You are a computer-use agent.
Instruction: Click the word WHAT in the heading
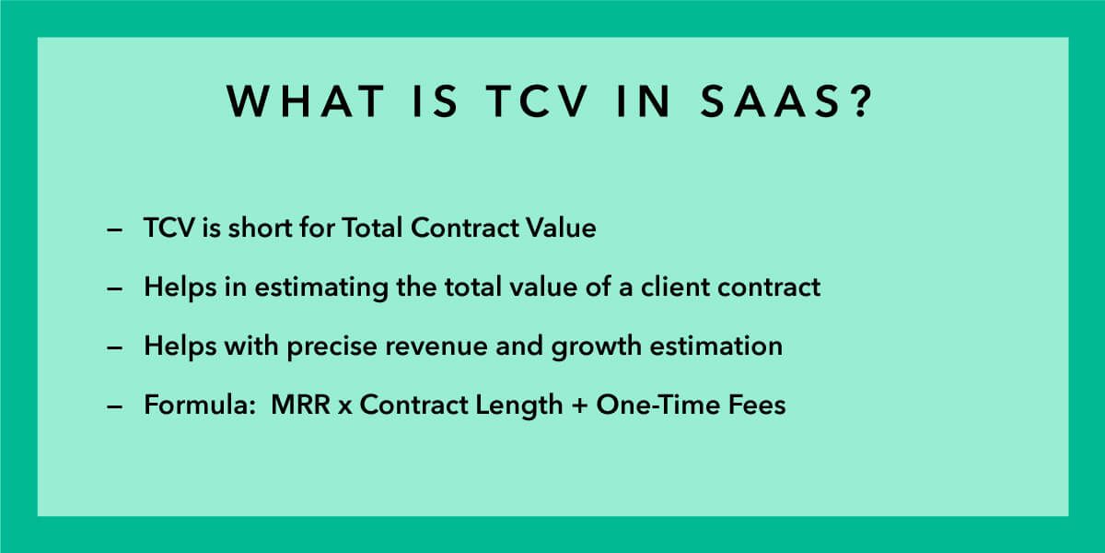(306, 101)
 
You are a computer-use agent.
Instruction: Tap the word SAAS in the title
(771, 101)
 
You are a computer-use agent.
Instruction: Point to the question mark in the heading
(861, 100)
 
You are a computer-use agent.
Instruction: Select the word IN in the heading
(645, 101)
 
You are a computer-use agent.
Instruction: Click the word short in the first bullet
(260, 229)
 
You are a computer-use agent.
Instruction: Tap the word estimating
(321, 288)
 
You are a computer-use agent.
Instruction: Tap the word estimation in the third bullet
(715, 346)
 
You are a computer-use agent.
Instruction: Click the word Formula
(199, 405)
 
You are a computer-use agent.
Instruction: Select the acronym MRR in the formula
(301, 405)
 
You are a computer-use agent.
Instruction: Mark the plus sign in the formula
(579, 406)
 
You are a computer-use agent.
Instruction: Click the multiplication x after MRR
(345, 406)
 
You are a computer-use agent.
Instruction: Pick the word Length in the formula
(518, 406)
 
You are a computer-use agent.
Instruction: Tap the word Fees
(757, 405)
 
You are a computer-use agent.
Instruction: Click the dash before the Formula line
(114, 406)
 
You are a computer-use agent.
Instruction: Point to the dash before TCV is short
(114, 229)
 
